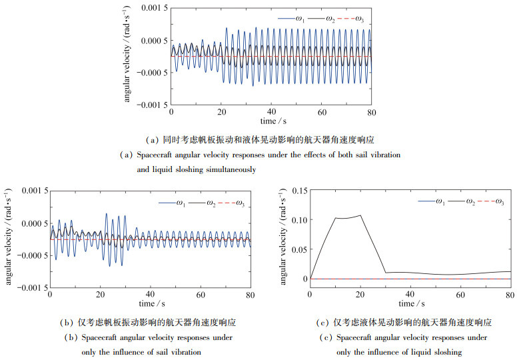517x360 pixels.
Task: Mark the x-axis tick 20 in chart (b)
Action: [x=101, y=295]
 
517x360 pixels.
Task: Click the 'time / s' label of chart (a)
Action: [x=272, y=122]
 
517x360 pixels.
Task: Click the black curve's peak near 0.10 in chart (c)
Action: [x=360, y=215]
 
